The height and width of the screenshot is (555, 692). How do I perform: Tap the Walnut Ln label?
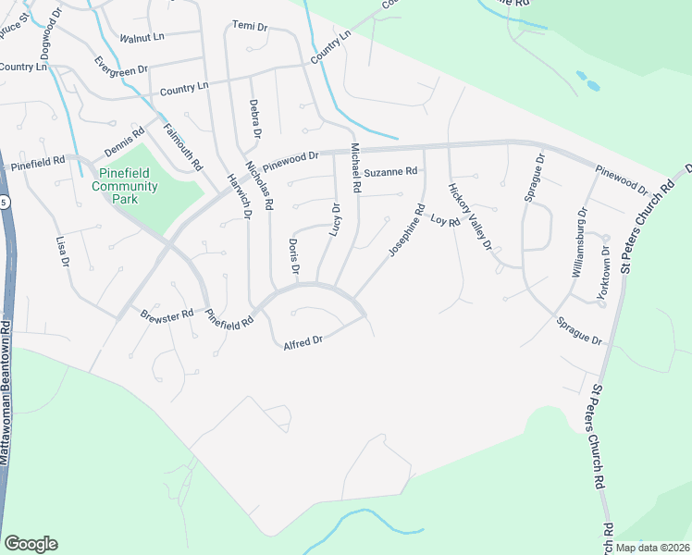(x=142, y=38)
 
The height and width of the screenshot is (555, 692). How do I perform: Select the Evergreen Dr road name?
(x=121, y=66)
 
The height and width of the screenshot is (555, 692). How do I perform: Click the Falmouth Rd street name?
(x=182, y=147)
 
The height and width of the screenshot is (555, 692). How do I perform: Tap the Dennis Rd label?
(x=124, y=143)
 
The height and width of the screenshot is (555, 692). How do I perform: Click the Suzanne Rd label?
(x=390, y=172)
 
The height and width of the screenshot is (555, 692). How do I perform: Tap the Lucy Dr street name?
(x=335, y=219)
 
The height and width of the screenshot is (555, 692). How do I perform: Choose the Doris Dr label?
(x=293, y=257)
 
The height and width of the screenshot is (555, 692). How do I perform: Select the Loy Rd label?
(x=445, y=221)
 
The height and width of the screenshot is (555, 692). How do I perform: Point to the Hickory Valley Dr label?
(x=470, y=216)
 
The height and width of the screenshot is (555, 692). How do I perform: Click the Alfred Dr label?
(x=303, y=341)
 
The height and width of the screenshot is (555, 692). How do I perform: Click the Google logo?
(x=31, y=544)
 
